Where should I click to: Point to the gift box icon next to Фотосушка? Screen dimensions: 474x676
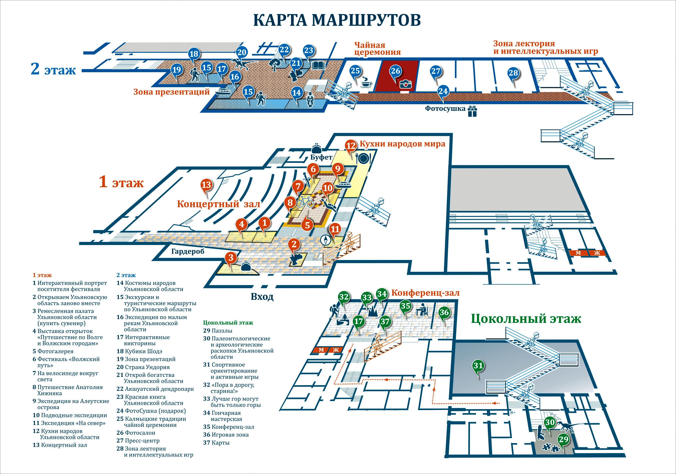[472, 111]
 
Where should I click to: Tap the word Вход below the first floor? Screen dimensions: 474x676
[262, 297]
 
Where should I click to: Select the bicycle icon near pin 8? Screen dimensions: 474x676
[305, 202]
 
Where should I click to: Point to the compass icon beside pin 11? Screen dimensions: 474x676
[325, 240]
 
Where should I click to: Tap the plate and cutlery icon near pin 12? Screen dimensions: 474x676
[363, 158]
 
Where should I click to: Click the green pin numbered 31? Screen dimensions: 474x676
[478, 366]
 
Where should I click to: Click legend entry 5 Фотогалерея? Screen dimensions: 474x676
[53, 351]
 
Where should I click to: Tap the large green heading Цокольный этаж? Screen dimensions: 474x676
[526, 319]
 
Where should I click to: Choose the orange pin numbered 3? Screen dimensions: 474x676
[231, 258]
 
